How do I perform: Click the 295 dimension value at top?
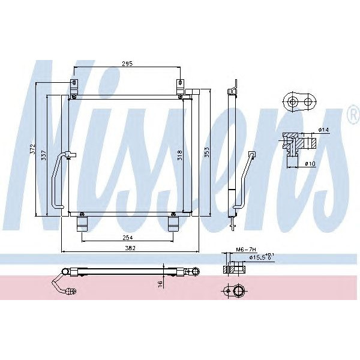pos(127,63)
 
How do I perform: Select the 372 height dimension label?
pos(34,149)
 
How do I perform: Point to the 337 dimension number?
pos(44,155)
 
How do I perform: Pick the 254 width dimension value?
pos(127,237)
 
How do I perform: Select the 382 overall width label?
pos(130,248)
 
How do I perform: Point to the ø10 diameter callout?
pos(310,163)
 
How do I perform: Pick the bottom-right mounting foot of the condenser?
pos(173,224)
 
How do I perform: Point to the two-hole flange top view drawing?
pos(301,103)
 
